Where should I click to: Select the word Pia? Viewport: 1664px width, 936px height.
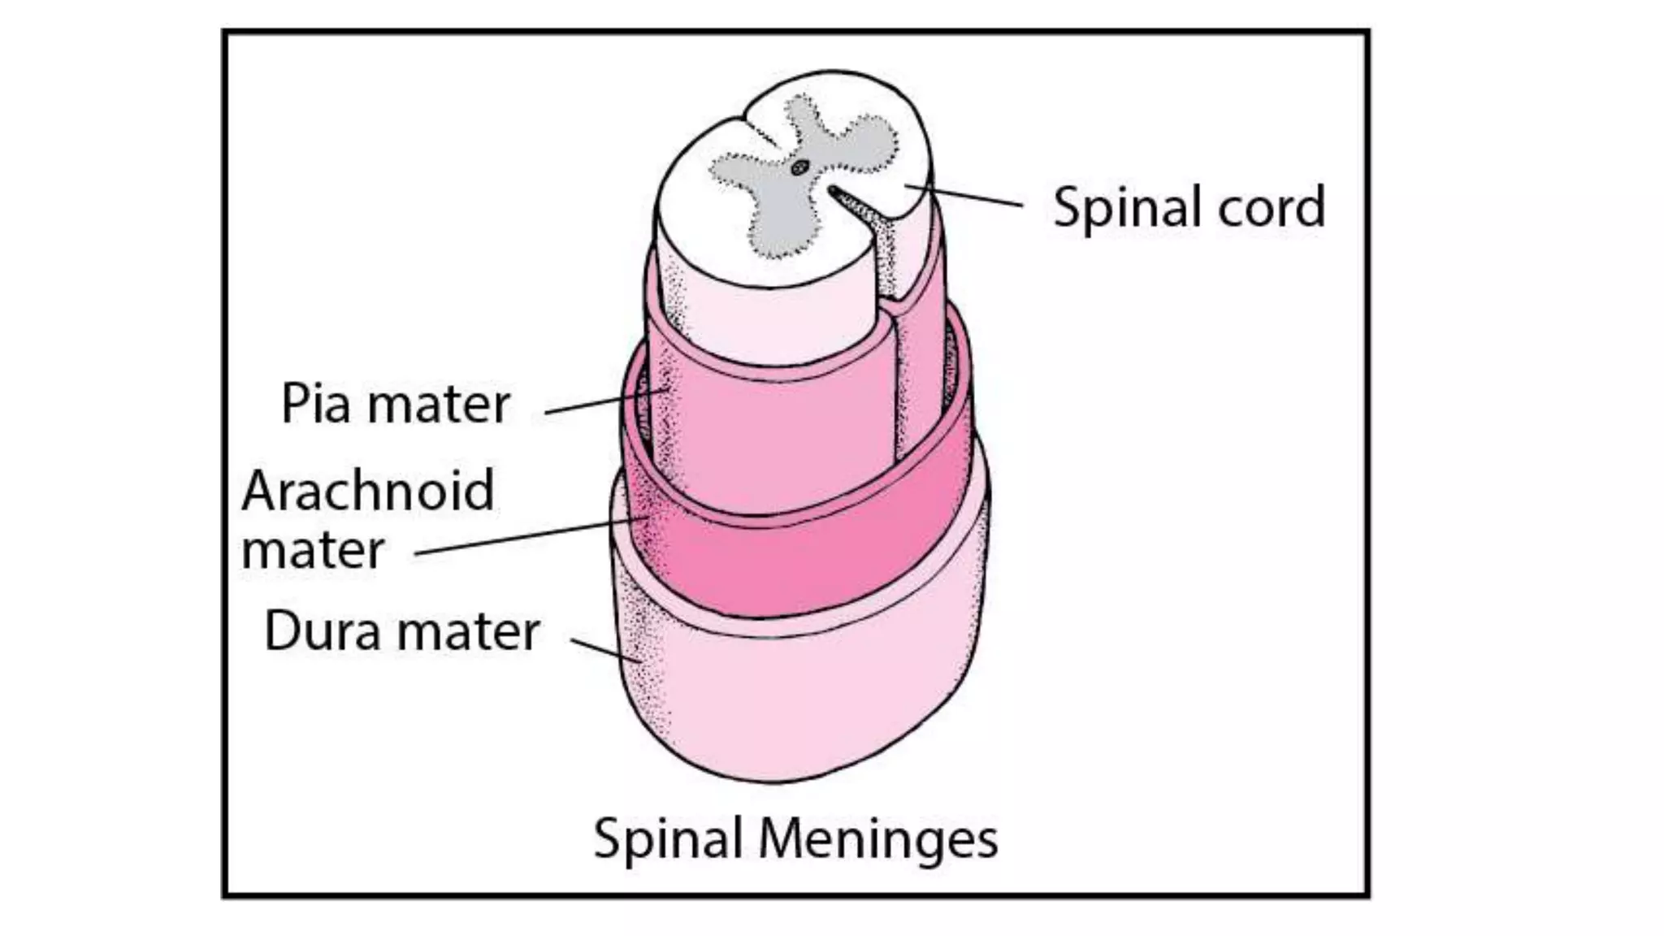[x=316, y=405]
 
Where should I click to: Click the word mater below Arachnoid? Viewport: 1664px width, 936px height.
[x=313, y=551]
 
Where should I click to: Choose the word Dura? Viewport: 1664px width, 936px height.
[x=322, y=631]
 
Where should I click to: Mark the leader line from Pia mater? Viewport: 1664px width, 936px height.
[x=605, y=401]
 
